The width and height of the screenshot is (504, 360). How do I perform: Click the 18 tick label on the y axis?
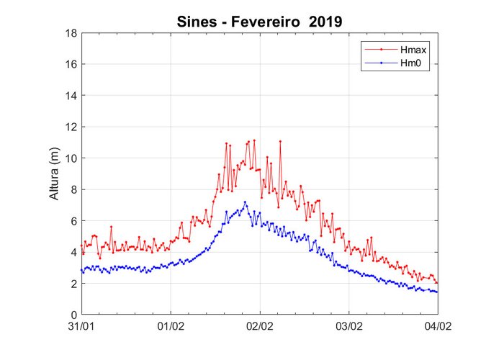pyautogui.click(x=71, y=33)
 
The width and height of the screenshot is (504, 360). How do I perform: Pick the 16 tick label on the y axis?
pyautogui.click(x=71, y=64)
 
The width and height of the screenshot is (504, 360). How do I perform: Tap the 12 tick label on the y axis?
pyautogui.click(x=71, y=127)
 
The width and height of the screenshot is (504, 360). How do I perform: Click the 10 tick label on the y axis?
pyautogui.click(x=71, y=158)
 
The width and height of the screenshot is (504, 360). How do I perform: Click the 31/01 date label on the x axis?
pyautogui.click(x=82, y=326)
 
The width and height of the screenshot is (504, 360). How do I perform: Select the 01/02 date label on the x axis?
pyautogui.click(x=171, y=326)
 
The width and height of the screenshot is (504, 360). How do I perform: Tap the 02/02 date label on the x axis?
pyautogui.click(x=260, y=326)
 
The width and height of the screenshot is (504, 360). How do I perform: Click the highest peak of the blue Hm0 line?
pyautogui.click(x=245, y=202)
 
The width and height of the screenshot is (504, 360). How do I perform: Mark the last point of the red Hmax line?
pyautogui.click(x=437, y=282)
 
